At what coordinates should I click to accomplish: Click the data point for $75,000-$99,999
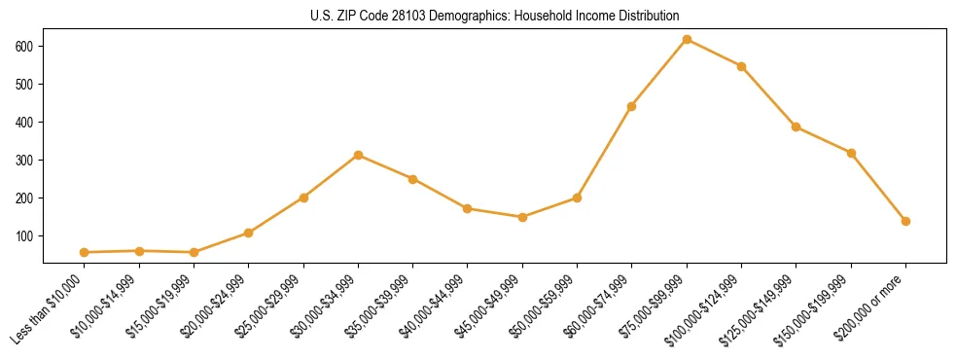point(687,39)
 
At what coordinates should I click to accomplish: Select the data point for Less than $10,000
point(85,252)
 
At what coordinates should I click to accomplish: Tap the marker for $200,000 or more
point(905,221)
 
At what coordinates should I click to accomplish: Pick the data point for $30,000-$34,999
point(358,155)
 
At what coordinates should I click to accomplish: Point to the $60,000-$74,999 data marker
point(632,106)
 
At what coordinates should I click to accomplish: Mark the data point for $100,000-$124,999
point(741,66)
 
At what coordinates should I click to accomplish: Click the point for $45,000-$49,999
point(522,217)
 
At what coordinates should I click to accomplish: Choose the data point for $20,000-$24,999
point(249,233)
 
